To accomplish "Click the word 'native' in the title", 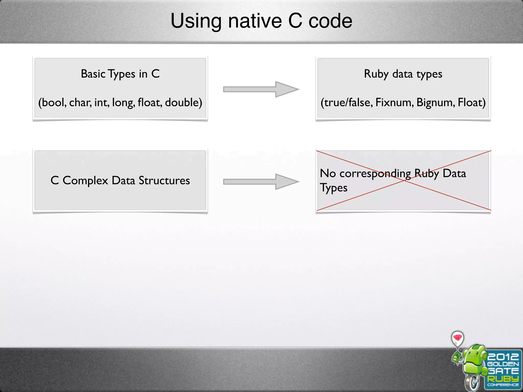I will point(255,21).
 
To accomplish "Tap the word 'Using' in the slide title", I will point(196,21).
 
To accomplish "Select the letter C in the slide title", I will point(295,21).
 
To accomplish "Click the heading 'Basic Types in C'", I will point(120,74).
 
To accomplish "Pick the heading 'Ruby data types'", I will point(403,74).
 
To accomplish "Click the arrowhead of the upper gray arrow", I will point(286,89).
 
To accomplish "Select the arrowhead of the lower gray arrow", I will point(286,182).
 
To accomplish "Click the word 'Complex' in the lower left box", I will point(85,181).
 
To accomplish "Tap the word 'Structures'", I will point(164,181).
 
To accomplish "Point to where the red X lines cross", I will point(404,180).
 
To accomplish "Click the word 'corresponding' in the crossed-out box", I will point(375,174).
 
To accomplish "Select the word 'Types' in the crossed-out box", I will point(334,188).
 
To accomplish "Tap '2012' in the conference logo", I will point(503,357).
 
